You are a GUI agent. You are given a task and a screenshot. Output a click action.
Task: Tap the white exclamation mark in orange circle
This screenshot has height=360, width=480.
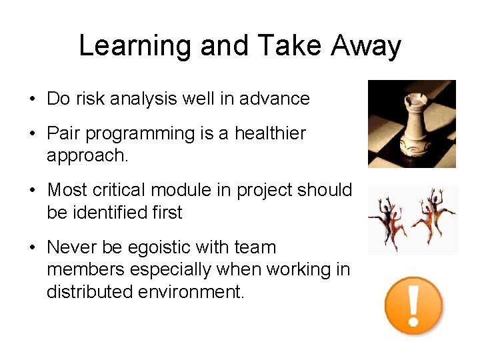(413, 306)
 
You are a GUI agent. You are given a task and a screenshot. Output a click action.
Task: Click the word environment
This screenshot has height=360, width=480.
(193, 291)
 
